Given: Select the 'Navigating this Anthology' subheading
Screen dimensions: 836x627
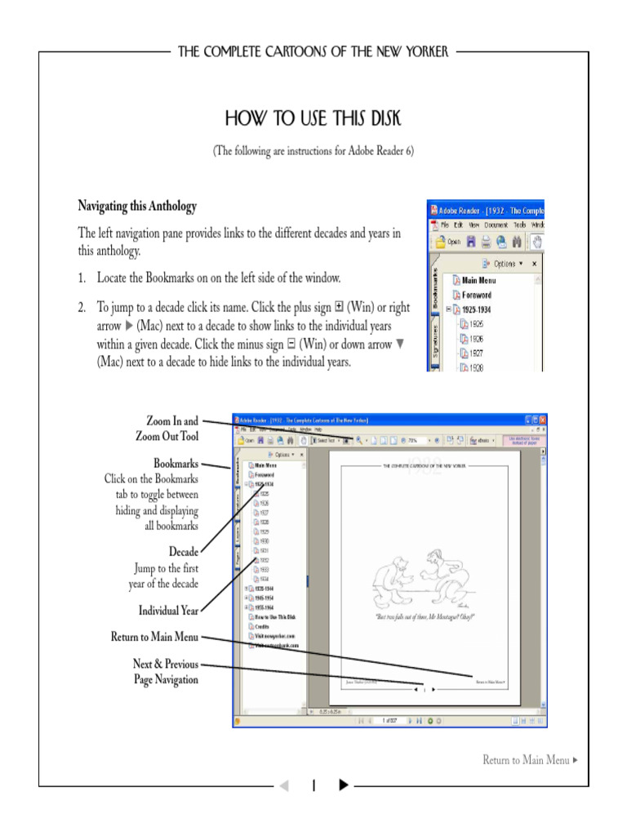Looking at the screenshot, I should (x=137, y=206).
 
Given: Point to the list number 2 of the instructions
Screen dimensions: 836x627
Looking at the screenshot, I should (x=82, y=308).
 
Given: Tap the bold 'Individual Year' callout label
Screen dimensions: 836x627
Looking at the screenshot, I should (x=168, y=610).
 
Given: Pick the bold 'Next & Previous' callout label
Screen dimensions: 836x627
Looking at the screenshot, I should (x=166, y=664).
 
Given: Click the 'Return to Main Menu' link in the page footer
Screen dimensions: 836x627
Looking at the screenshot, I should (x=526, y=760).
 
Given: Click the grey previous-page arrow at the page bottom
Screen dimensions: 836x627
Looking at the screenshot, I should (x=284, y=785).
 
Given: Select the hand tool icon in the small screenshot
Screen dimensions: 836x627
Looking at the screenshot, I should (x=537, y=242).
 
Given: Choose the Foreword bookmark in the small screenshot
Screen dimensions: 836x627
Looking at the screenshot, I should (x=476, y=295).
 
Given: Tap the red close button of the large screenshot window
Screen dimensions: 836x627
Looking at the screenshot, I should (x=542, y=420).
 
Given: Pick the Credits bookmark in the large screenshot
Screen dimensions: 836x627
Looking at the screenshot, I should (x=263, y=626).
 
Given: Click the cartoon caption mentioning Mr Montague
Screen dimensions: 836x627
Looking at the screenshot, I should (x=425, y=617).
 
